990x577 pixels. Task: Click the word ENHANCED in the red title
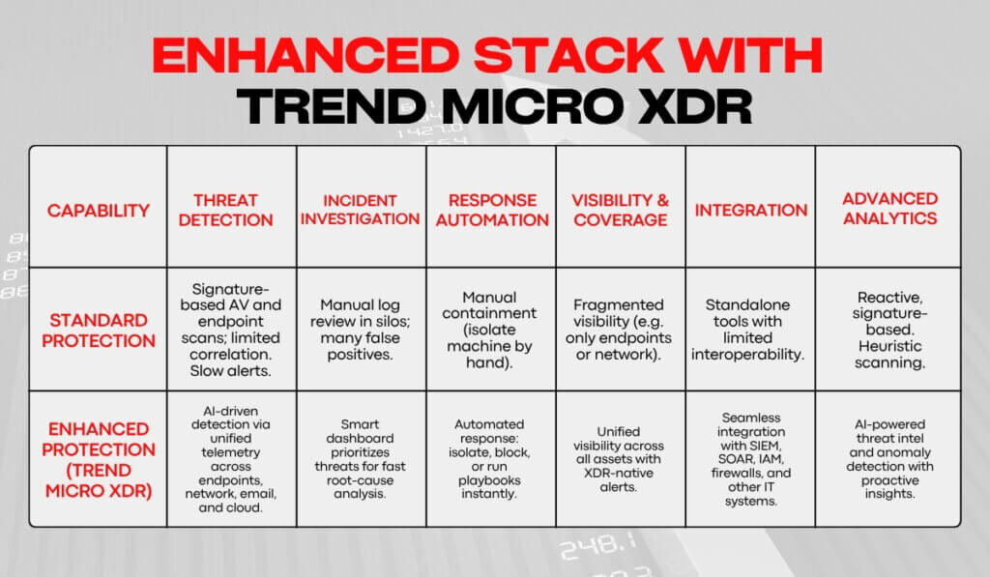point(306,55)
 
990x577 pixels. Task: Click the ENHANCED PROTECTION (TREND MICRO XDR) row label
point(99,460)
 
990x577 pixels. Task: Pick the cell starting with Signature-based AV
point(230,330)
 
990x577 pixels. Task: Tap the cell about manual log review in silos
point(360,330)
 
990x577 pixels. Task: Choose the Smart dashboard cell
point(360,459)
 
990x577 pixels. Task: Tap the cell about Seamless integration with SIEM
point(750,459)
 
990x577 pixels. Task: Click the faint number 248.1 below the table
point(598,546)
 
